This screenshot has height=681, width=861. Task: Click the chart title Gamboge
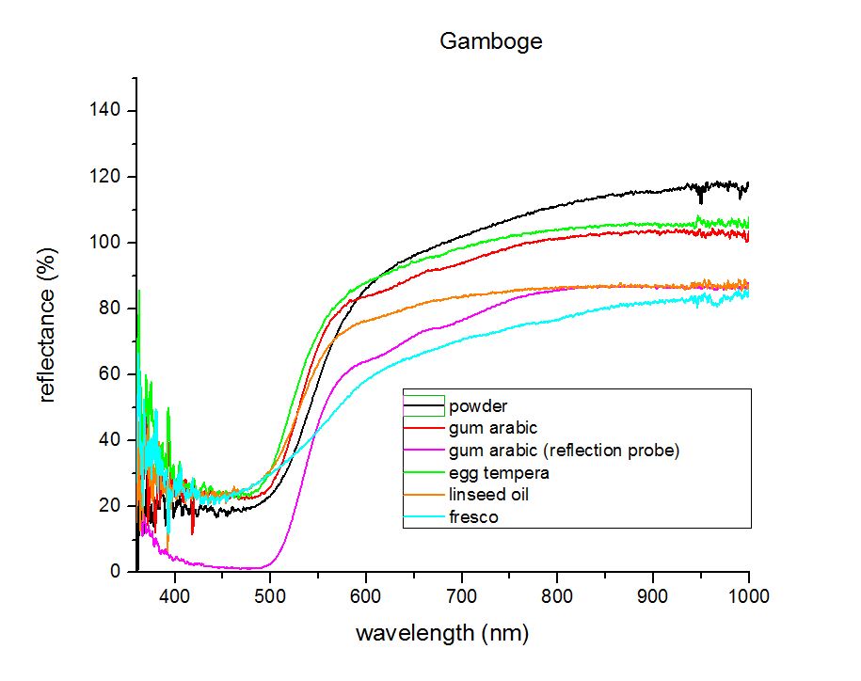(491, 41)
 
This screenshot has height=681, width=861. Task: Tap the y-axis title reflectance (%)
(47, 325)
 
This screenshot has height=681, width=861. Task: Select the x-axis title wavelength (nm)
(442, 633)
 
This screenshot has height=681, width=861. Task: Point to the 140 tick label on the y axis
(104, 110)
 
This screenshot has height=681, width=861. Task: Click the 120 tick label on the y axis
(104, 176)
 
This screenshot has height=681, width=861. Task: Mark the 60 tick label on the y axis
(110, 373)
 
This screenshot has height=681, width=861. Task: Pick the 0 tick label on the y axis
(115, 571)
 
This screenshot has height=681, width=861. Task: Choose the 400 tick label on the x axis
(174, 596)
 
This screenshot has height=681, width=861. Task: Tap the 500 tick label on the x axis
(270, 596)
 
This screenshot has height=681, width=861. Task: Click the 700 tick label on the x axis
(461, 596)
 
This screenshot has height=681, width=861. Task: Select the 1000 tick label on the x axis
(749, 596)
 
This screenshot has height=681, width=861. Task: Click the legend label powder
(478, 406)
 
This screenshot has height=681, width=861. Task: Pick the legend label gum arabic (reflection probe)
(564, 451)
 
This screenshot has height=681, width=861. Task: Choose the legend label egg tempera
(499, 473)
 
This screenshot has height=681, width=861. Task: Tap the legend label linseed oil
(488, 495)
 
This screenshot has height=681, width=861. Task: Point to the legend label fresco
(473, 517)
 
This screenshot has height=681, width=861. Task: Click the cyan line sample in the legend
(423, 517)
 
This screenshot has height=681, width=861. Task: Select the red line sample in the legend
(423, 428)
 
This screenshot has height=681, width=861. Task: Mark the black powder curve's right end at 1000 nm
(748, 184)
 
